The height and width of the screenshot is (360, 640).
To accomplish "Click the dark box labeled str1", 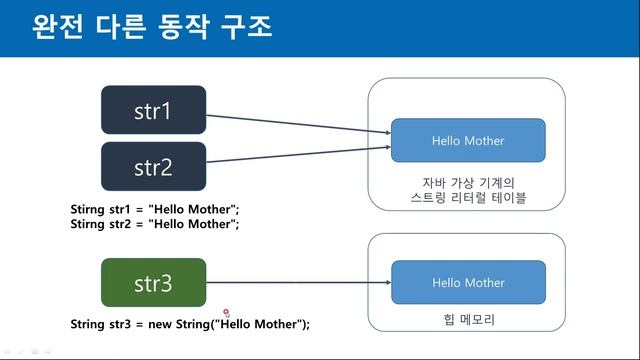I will (x=154, y=110).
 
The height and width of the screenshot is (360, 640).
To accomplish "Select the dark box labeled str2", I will (x=154, y=166).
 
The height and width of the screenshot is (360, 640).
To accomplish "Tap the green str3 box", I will (x=154, y=283).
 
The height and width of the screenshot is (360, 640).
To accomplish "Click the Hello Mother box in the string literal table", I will (x=468, y=141).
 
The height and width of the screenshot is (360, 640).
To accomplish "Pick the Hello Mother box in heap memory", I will (x=468, y=283).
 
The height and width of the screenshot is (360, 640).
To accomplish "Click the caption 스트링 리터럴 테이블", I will (x=468, y=199).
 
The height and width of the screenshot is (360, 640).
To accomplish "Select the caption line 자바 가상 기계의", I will (x=468, y=183).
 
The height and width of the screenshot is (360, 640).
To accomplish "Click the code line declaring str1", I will (x=155, y=209).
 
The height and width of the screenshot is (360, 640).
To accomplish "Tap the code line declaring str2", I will (x=155, y=224).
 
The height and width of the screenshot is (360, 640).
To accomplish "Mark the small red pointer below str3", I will (x=227, y=313).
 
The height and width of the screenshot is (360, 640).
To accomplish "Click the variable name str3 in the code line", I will (x=129, y=324).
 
